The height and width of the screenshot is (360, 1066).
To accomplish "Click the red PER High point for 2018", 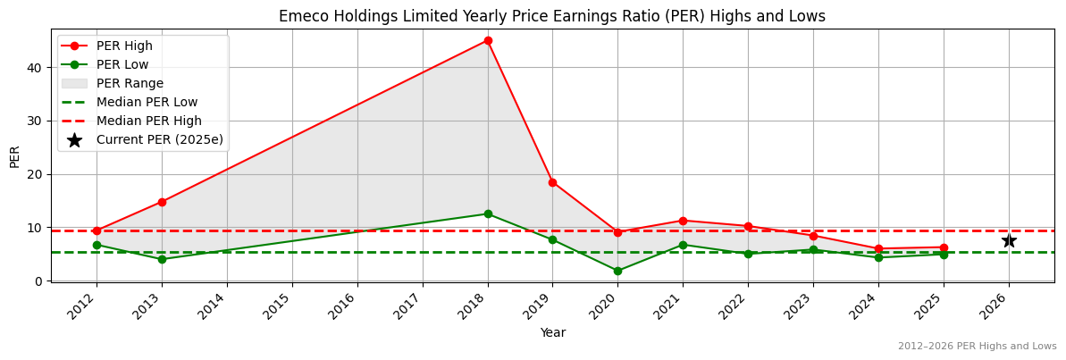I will (488, 40).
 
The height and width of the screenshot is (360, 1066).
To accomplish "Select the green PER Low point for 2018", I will (488, 214).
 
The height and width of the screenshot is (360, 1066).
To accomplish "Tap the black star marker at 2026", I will (1009, 240).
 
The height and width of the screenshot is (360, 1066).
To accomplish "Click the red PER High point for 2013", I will (162, 202).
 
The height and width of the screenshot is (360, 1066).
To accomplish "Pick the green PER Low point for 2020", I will (617, 271).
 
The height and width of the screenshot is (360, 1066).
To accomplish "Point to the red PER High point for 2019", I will (552, 182).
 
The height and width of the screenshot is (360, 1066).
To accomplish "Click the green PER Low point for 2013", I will (162, 259).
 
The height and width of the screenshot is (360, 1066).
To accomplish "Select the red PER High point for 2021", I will (683, 221).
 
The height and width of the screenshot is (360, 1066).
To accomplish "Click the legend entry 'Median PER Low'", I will (147, 102).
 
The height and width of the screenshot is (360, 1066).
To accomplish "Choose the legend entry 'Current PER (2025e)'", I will (159, 139).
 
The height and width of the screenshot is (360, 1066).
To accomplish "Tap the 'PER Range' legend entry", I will (130, 83).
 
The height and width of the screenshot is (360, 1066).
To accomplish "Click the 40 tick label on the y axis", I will (33, 67).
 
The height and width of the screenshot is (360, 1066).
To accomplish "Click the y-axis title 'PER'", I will (14, 155).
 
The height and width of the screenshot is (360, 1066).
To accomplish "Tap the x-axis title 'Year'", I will (552, 332).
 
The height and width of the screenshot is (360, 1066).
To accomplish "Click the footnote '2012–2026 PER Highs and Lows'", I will (977, 346).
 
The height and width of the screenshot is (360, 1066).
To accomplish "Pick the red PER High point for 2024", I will (878, 249).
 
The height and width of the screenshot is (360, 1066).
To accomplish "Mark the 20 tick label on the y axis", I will (33, 174).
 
